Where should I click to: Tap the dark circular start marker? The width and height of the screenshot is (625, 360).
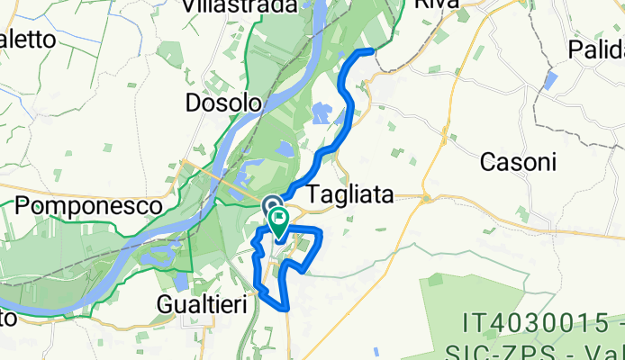click(272, 206)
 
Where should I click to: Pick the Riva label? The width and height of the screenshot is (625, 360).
click(436, 4)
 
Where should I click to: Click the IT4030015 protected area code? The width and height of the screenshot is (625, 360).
click(543, 320)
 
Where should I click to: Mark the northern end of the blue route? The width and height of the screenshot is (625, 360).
click(371, 51)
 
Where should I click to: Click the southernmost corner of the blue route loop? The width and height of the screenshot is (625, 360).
click(287, 309)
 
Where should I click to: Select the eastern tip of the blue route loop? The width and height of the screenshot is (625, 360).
click(321, 232)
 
